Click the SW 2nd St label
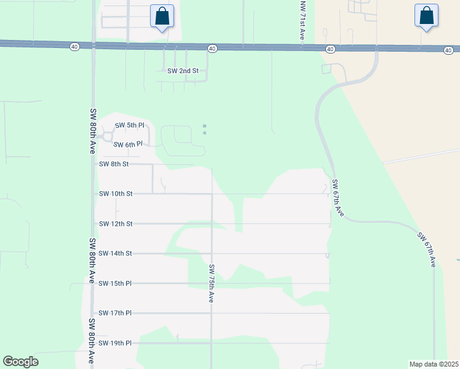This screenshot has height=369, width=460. (x=183, y=71)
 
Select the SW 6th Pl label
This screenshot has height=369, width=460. (x=128, y=144)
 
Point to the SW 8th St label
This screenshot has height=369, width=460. (x=114, y=164)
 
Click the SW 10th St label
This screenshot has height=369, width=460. (x=116, y=194)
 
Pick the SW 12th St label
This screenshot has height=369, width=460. (x=116, y=224)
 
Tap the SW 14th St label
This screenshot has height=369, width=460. (x=116, y=253)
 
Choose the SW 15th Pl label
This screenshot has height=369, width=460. (x=116, y=284)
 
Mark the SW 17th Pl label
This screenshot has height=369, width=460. (x=116, y=313)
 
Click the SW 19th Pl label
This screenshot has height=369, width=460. (x=116, y=343)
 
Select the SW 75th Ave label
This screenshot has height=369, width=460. (x=211, y=284)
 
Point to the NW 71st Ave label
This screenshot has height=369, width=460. (x=303, y=20)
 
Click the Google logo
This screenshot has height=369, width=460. (x=20, y=362)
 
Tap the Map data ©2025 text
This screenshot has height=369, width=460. (x=434, y=364)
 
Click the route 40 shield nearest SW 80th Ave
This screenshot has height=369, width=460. (x=74, y=46)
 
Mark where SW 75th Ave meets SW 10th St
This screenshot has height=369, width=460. (x=212, y=194)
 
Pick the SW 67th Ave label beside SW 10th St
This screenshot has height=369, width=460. (x=338, y=197)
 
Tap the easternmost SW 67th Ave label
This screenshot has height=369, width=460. (x=427, y=249)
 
